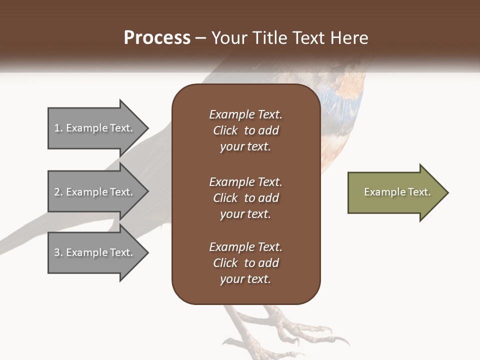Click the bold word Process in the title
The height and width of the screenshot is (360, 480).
click(x=157, y=38)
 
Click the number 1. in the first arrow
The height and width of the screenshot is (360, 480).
click(x=58, y=128)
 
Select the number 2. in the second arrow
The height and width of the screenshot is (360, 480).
click(x=58, y=192)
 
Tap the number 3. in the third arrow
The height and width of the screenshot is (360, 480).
click(x=58, y=252)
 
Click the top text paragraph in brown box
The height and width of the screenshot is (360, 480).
click(x=245, y=130)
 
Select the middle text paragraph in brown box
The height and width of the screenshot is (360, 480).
click(x=245, y=198)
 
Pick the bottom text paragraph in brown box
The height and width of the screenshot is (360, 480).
click(x=245, y=263)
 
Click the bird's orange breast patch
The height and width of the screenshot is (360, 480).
click(x=350, y=80)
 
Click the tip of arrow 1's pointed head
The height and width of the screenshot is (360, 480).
click(x=147, y=128)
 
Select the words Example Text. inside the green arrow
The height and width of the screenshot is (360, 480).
click(x=397, y=192)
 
